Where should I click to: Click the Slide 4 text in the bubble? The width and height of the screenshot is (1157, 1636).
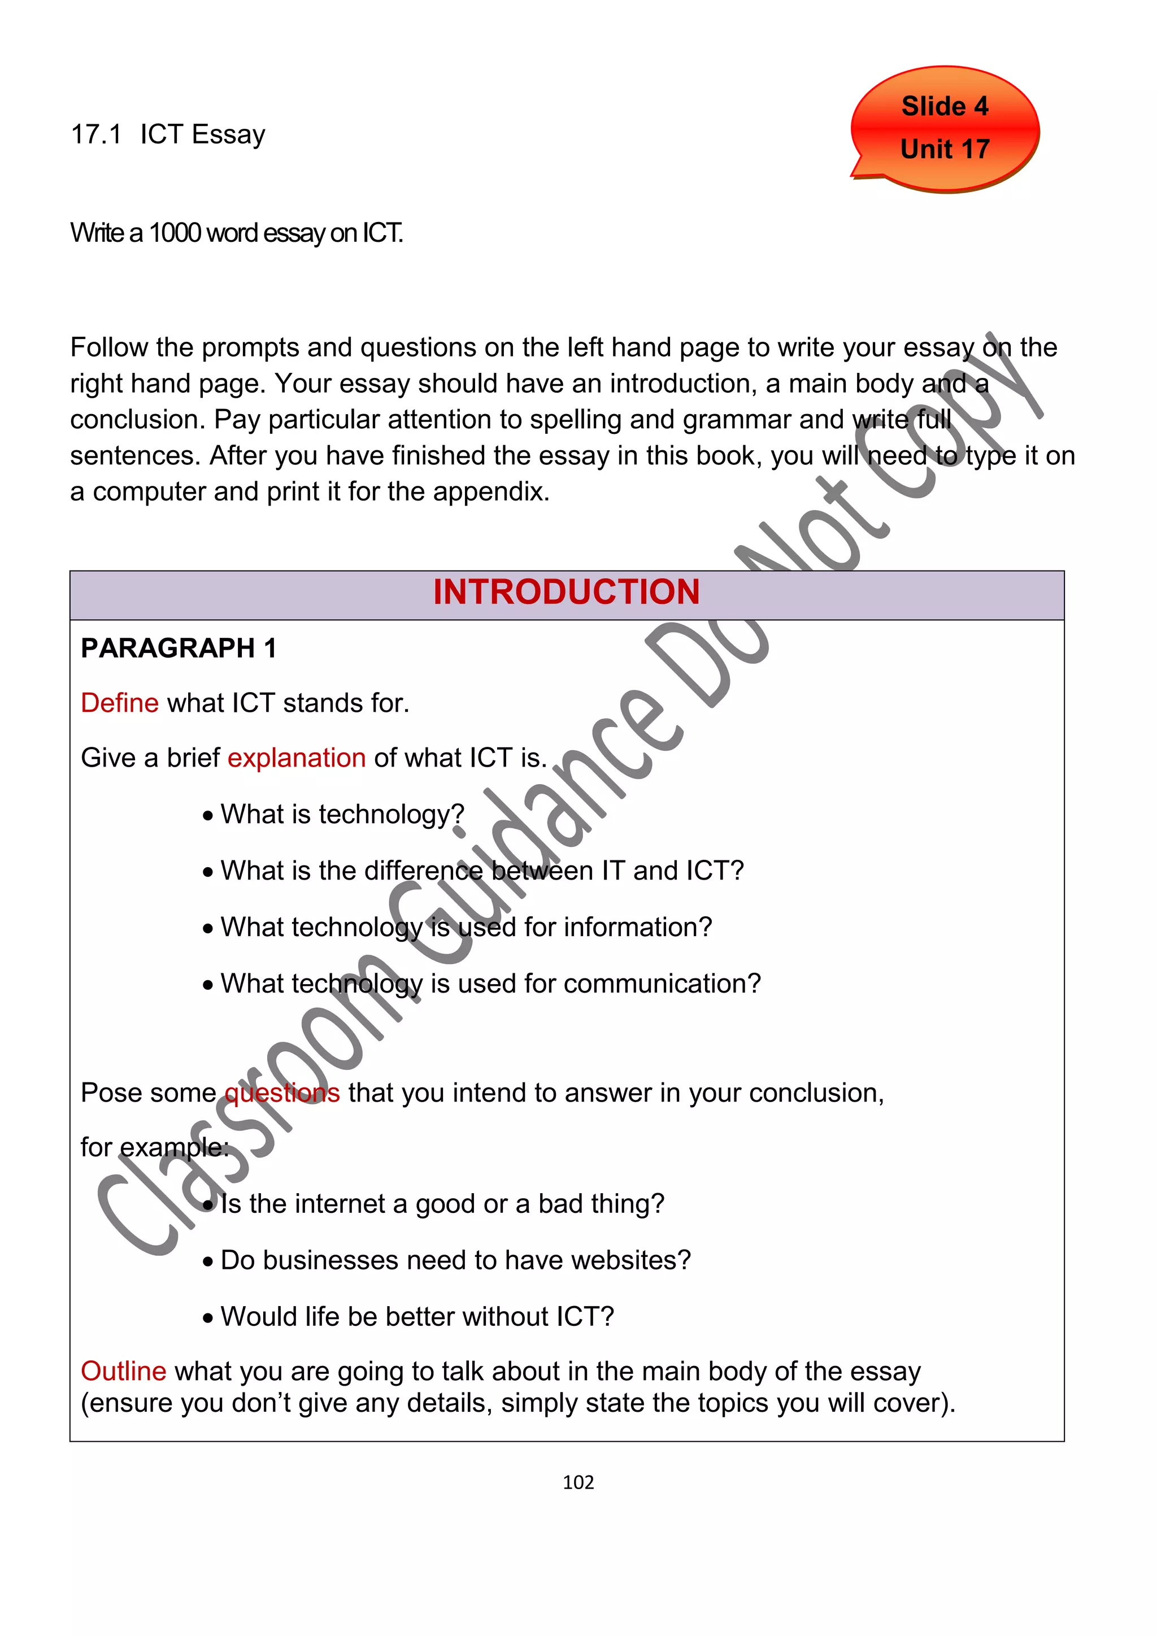coord(944,106)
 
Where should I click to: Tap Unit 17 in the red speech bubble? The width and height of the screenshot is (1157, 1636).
coord(944,149)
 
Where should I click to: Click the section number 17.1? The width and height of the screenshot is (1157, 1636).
coord(96,134)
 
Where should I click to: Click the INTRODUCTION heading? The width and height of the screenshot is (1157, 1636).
coord(567,592)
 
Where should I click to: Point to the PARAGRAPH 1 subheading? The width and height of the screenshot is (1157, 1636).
coord(178,649)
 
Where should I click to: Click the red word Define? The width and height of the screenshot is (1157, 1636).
coord(119,703)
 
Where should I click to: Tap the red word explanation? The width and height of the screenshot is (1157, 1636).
coord(297,758)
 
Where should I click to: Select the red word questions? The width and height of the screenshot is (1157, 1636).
coord(282,1093)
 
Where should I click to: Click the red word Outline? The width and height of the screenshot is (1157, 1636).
coord(123,1372)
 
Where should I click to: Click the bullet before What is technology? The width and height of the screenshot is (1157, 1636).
coord(207,816)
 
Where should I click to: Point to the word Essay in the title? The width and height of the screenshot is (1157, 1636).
coord(228,134)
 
